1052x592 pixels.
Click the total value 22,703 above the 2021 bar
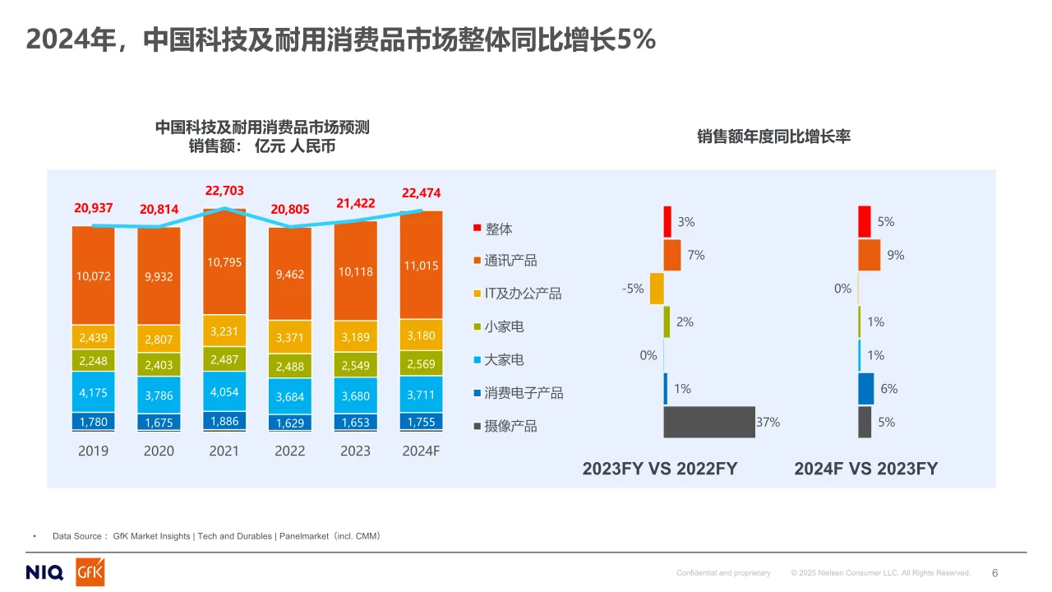224,191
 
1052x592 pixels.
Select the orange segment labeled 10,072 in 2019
93,276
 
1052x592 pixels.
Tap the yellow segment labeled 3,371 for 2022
290,337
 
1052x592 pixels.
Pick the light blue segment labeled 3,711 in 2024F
422,395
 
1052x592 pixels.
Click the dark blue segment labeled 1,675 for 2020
159,423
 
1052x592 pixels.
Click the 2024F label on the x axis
421,451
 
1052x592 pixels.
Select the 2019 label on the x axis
93,451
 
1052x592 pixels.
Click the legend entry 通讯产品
510,261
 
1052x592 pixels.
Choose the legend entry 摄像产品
510,426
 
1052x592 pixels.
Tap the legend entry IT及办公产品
523,294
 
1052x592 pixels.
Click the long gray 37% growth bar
708,422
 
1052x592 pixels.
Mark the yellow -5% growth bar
656,289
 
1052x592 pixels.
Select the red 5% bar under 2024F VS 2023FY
864,222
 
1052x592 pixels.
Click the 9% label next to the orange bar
895,256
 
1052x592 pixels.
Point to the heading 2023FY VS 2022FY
660,469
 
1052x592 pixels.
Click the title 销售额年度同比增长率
773,136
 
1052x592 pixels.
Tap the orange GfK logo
90,572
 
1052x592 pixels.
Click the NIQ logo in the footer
44,573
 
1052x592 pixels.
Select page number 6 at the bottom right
994,573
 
